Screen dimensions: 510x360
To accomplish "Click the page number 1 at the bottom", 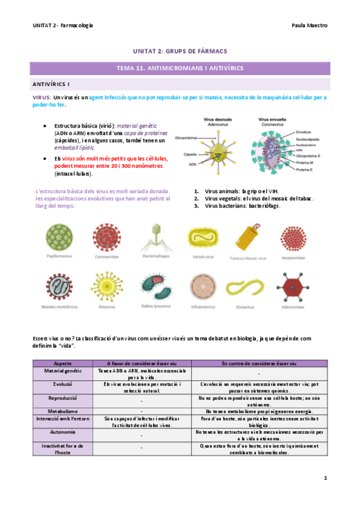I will click(x=325, y=478).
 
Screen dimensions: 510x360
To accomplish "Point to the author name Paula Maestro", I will click(x=309, y=26).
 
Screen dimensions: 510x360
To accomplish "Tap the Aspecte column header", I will click(x=63, y=364).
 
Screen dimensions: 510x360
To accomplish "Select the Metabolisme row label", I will click(x=63, y=410).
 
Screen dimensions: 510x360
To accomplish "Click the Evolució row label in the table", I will click(x=63, y=382).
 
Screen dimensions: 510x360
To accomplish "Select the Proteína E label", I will click(x=307, y=171).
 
